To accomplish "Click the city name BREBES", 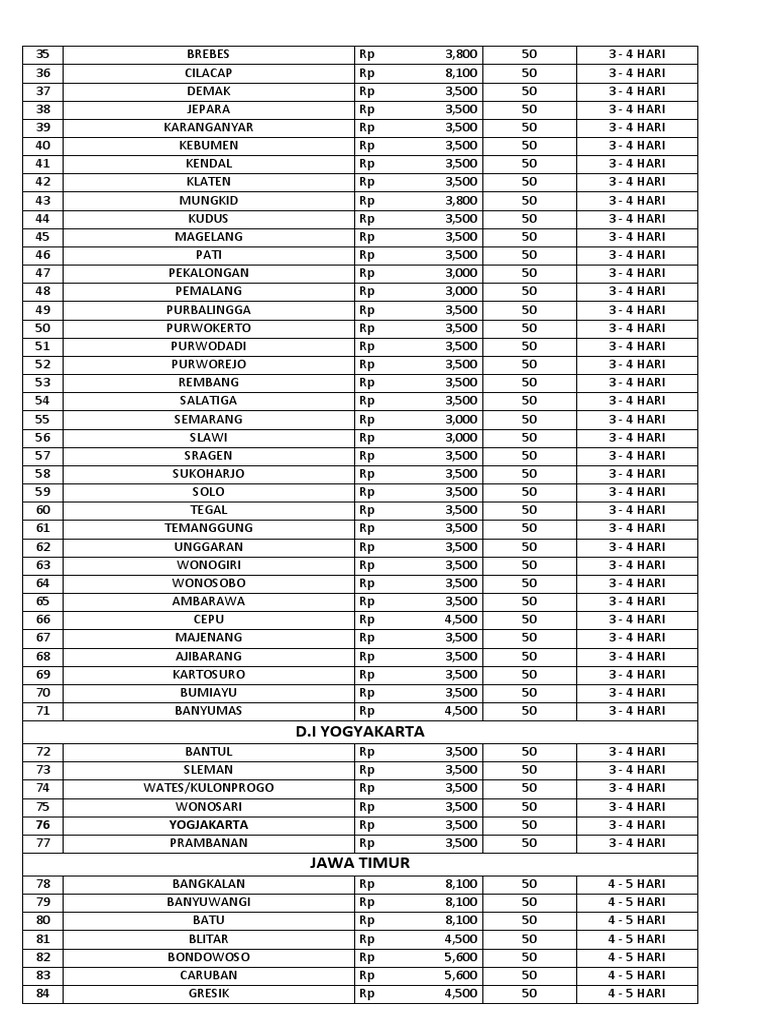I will click(208, 54).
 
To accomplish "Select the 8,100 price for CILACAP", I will click(461, 72).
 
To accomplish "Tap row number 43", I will click(42, 200).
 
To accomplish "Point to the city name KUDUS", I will click(208, 218).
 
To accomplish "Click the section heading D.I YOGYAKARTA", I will click(360, 731).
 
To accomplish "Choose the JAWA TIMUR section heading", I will click(360, 863).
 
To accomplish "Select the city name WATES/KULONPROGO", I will click(208, 788).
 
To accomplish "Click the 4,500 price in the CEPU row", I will click(461, 619).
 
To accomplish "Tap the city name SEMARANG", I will click(208, 419).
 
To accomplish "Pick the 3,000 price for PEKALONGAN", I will click(461, 273).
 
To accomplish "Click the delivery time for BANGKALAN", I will click(637, 884).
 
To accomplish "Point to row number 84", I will click(42, 993).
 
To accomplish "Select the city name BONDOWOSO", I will click(208, 957).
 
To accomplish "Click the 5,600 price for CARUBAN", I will click(461, 975).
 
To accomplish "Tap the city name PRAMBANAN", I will click(208, 843).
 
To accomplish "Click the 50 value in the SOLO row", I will click(529, 492).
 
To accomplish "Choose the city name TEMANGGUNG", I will click(208, 528).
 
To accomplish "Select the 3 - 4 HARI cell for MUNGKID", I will click(637, 200).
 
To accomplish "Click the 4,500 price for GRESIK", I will click(461, 993).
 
